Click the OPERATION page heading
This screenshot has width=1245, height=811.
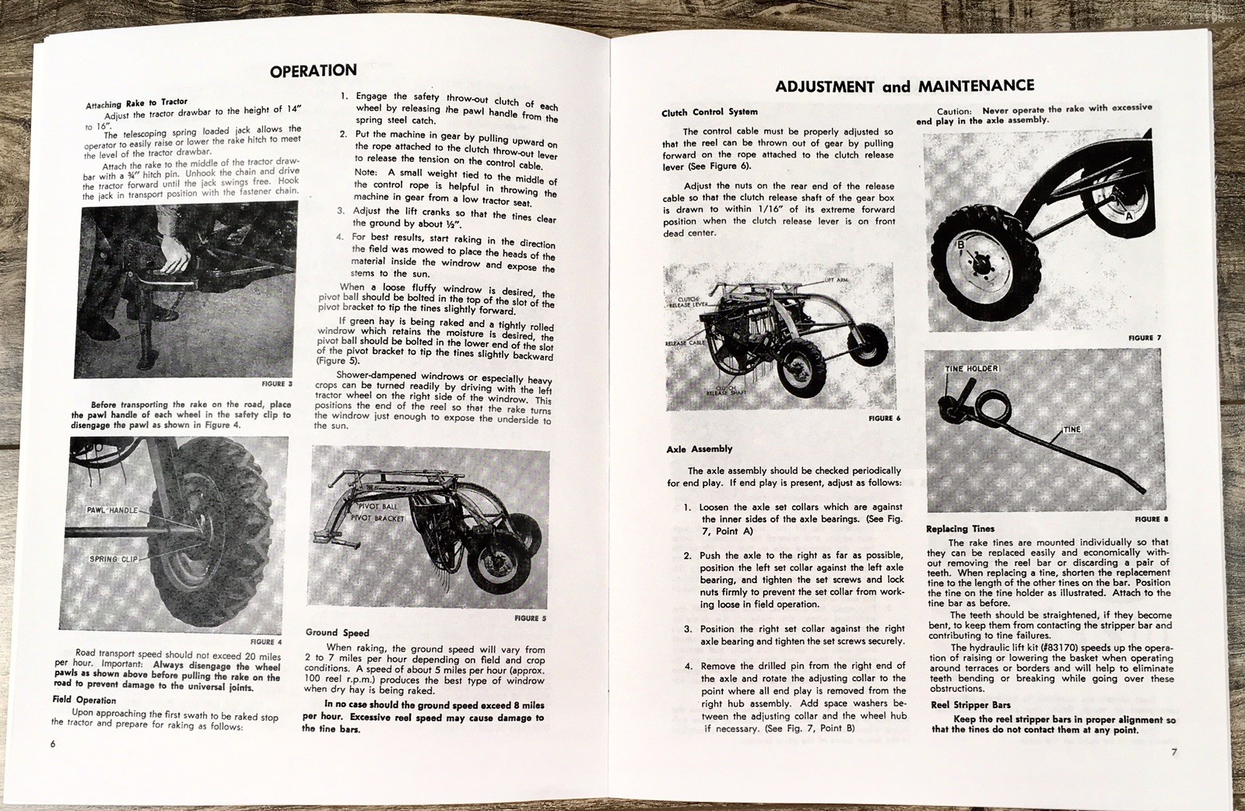point(313,71)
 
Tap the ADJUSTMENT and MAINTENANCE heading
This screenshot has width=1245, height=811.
point(905,86)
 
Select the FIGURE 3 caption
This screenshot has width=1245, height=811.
point(277,384)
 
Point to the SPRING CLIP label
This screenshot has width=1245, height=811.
point(114,559)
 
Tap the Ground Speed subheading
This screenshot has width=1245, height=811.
point(337,633)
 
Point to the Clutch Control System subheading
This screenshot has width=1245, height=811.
point(709,112)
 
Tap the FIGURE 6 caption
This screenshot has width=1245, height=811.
point(884,418)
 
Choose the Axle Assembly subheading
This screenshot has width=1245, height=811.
point(699,449)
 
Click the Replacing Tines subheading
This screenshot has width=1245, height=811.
point(959,529)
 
